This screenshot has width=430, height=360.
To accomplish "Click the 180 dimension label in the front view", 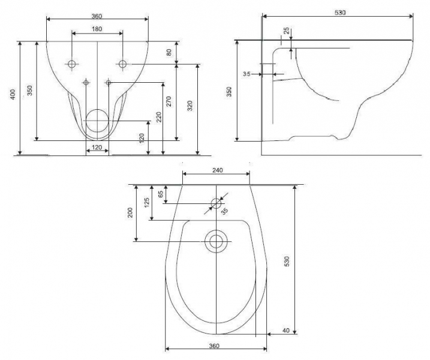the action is (97, 29).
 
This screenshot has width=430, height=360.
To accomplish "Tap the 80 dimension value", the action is (169, 52).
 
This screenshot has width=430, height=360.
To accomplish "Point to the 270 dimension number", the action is (169, 101).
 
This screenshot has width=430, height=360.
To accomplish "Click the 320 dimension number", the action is (190, 106).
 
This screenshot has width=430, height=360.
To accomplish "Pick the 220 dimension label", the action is (158, 117).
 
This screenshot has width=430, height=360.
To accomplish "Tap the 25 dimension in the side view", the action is (287, 31).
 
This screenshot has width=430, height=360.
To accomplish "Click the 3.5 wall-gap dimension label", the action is (246, 74).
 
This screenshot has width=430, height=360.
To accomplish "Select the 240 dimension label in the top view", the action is (218, 170).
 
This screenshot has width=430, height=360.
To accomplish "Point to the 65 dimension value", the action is (161, 194).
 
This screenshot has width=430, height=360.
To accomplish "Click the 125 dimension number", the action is (147, 203).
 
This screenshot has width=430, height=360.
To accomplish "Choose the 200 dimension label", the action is (130, 212).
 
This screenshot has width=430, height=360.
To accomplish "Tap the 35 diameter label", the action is (225, 211).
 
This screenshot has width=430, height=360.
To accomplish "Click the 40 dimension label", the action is (285, 331).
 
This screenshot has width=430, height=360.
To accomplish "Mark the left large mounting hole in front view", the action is (72, 64).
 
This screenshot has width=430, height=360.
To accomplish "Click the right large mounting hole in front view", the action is (122, 64).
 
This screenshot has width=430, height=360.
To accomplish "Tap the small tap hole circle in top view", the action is (216, 203).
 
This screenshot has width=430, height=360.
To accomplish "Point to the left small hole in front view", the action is (86, 82).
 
